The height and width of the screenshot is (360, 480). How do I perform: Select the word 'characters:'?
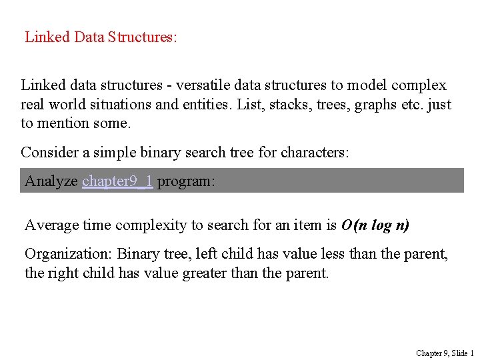[x=312, y=152]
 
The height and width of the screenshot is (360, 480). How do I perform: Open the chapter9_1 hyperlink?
[x=117, y=181]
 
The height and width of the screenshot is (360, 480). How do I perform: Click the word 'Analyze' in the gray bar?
[x=51, y=181]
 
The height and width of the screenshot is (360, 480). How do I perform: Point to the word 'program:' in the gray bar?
[x=186, y=181]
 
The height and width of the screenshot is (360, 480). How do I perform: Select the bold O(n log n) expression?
[x=375, y=225]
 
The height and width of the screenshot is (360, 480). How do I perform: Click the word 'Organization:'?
[x=69, y=254]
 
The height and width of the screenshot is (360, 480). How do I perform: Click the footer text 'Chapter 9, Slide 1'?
[x=445, y=353]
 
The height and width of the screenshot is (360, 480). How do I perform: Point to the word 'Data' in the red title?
[x=89, y=37]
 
